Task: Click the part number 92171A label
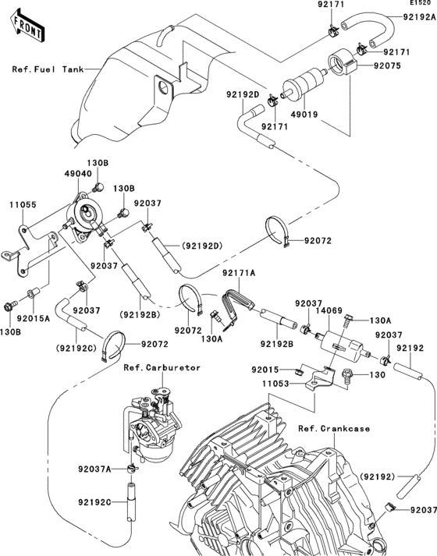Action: coord(240,273)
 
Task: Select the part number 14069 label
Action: coord(330,310)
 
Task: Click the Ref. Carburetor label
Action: coord(162,367)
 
